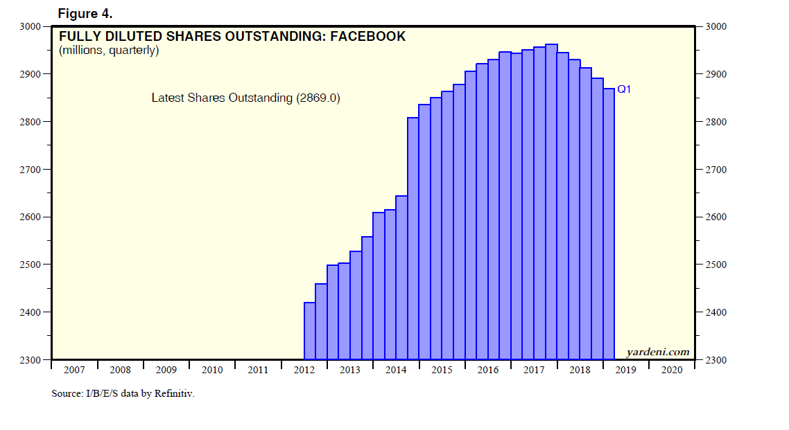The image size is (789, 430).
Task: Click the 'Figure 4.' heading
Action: [x=84, y=13]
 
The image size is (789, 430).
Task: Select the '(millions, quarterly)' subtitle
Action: [x=109, y=51]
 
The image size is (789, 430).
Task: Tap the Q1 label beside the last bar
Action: [x=623, y=89]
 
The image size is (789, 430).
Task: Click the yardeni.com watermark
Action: [x=658, y=352]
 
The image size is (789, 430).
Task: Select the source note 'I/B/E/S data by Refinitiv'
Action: [x=141, y=393]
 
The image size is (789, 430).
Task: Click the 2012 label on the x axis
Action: [x=304, y=370]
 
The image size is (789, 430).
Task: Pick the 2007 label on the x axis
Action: [x=74, y=370]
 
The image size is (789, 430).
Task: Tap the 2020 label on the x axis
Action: [x=671, y=370]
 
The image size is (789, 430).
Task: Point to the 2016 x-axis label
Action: [x=487, y=370]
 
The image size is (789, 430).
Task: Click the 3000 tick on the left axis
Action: [x=31, y=26]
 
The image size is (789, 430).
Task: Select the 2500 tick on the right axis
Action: [x=715, y=265]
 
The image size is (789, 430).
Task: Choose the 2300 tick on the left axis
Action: [x=31, y=360]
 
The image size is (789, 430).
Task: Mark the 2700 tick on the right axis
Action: [x=715, y=170]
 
